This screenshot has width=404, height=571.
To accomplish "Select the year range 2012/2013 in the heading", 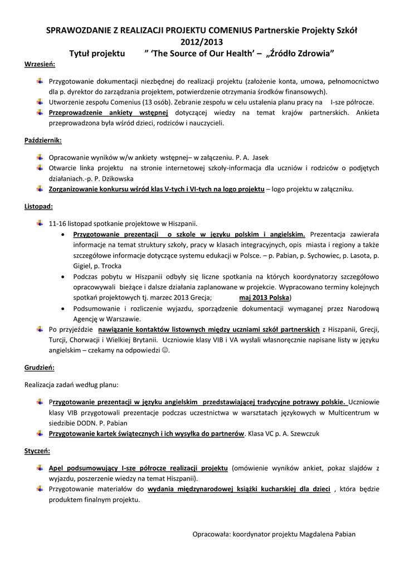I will coord(202,41).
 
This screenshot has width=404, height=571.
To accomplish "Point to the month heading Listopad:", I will coord(39,206).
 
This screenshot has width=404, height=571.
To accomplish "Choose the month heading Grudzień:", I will coord(40,367).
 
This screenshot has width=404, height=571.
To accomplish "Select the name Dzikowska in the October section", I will coord(115,178).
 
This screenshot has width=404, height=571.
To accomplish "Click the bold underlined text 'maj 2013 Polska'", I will coord(265,297).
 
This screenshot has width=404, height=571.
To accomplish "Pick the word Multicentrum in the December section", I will coord(348,413).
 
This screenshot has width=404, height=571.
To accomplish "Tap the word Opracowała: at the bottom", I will coord(211,534).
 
